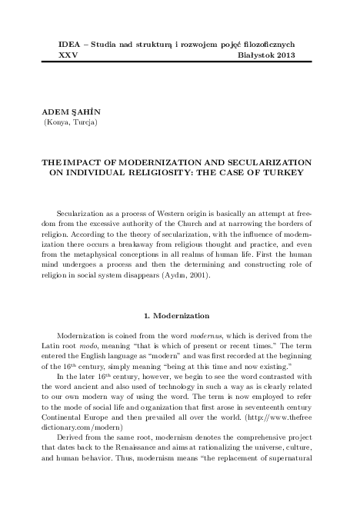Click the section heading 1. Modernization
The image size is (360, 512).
point(180,315)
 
